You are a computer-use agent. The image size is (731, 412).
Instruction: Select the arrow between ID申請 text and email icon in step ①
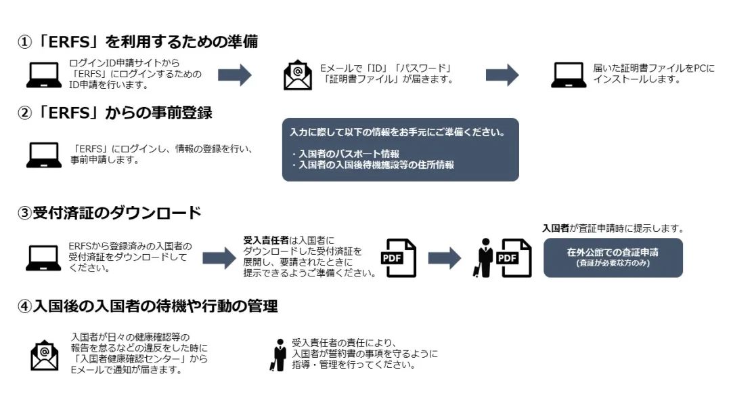[235, 75]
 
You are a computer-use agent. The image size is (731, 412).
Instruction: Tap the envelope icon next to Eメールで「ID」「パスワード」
[297, 75]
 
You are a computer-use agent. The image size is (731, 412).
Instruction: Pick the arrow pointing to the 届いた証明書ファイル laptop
[502, 75]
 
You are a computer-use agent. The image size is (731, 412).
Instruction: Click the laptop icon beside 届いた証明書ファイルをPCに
[569, 75]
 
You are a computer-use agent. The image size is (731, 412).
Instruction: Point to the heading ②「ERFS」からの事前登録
[114, 113]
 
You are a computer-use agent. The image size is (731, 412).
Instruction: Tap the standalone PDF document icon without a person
[399, 257]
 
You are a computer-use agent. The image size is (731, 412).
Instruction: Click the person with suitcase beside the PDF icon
[483, 258]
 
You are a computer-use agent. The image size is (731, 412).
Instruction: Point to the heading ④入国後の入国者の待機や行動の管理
[148, 306]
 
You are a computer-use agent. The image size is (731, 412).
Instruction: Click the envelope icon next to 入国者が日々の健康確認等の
[44, 354]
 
